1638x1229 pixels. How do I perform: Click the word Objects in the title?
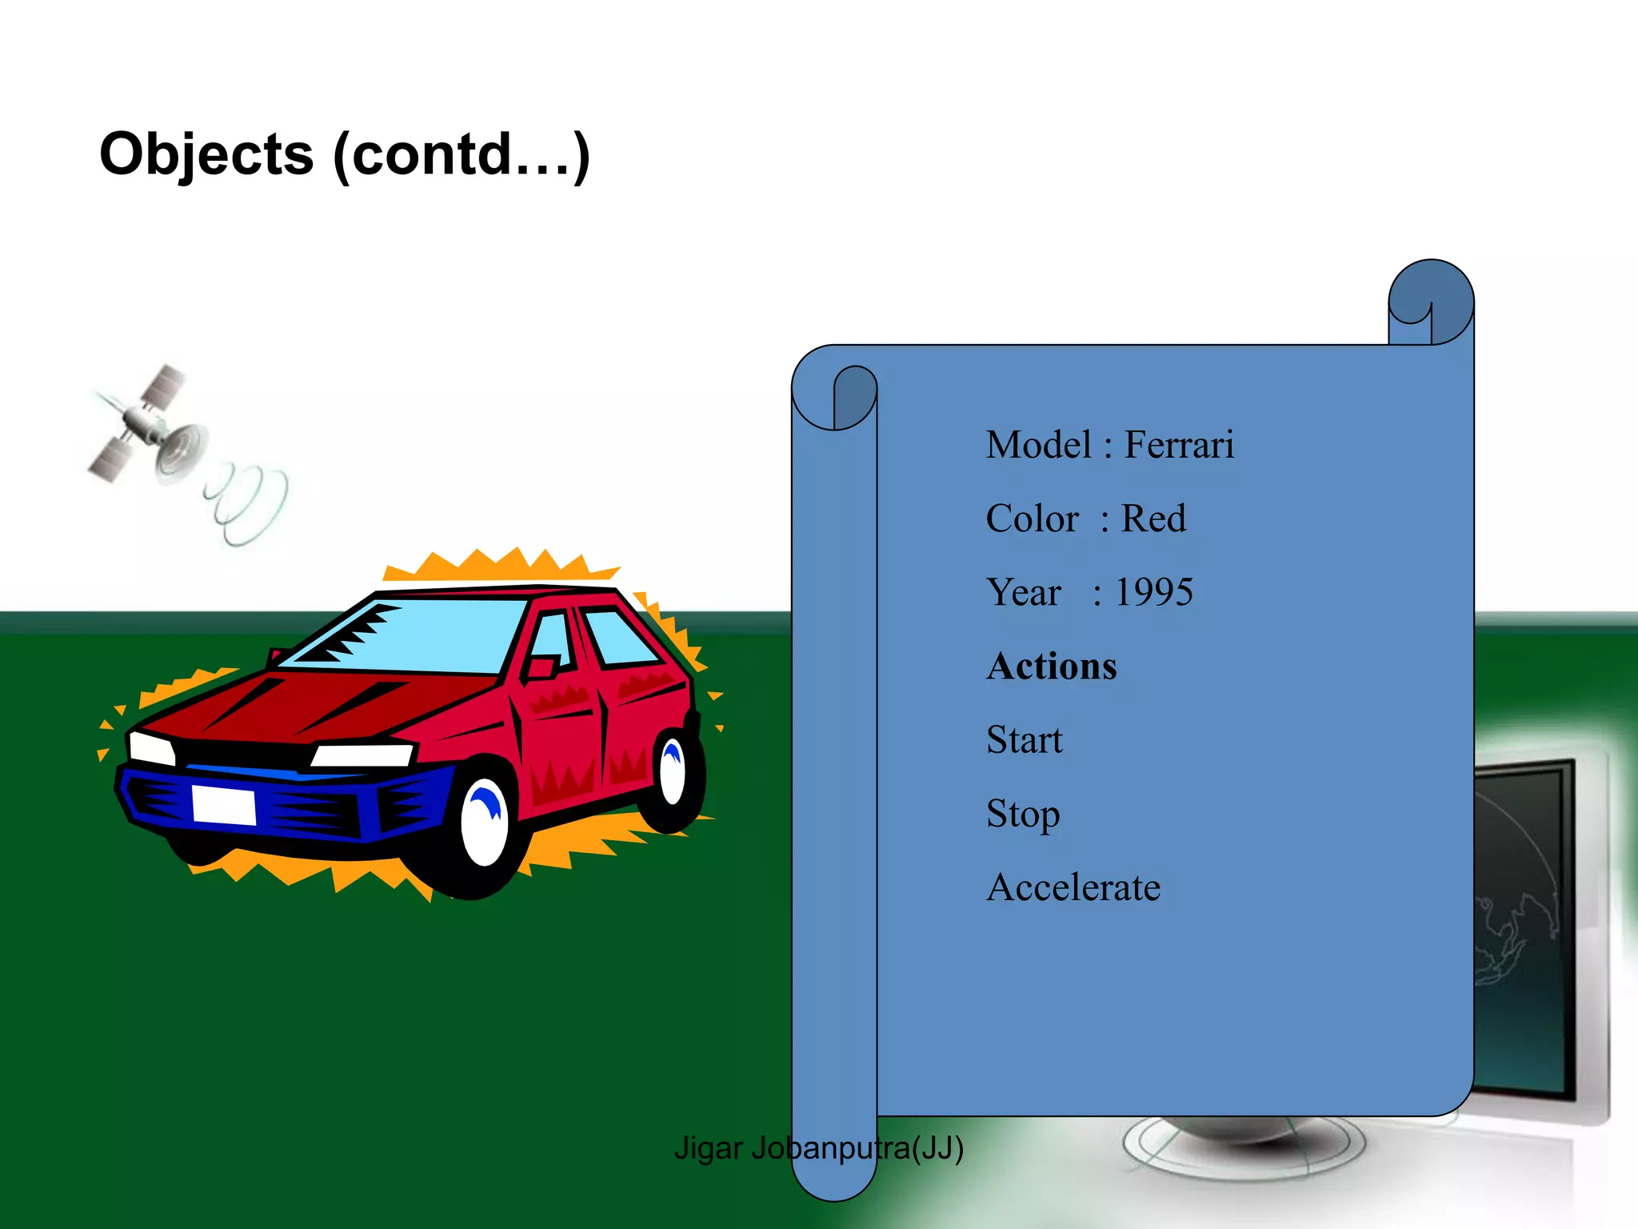click(206, 155)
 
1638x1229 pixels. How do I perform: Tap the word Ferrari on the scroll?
click(1179, 445)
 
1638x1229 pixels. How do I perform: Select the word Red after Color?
click(1153, 518)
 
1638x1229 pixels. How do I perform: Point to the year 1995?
click(1153, 593)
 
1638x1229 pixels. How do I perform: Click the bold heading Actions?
click(1052, 667)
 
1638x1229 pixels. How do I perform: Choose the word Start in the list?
click(1025, 740)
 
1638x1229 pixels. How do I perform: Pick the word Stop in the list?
click(1023, 815)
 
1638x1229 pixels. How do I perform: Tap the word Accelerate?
click(1073, 887)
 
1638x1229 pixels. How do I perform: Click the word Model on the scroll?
click(1038, 445)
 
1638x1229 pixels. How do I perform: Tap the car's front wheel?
click(485, 824)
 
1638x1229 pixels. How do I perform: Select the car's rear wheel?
click(672, 772)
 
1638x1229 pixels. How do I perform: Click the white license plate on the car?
click(224, 805)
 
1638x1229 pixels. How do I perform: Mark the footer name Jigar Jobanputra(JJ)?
click(818, 1148)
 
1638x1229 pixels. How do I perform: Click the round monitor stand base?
click(1244, 1144)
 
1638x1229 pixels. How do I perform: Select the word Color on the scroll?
click(1032, 518)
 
